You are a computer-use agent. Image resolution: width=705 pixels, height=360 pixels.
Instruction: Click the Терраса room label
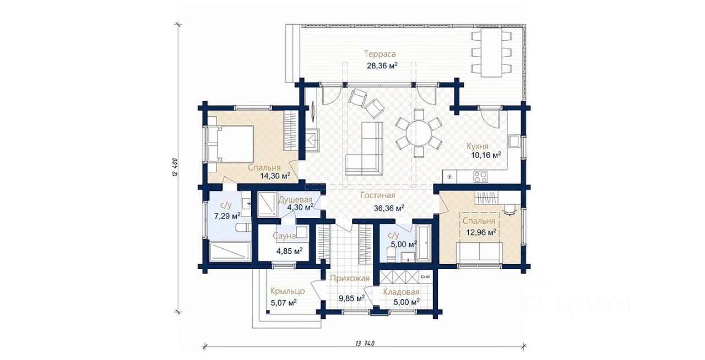click(379, 54)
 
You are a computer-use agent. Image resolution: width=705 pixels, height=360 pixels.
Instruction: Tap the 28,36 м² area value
click(382, 66)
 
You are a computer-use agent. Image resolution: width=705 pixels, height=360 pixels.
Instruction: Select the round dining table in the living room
click(419, 133)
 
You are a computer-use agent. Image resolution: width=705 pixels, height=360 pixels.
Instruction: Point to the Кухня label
click(477, 146)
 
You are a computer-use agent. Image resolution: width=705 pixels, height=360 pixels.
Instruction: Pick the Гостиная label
click(378, 196)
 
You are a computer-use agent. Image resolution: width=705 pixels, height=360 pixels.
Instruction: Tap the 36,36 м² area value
click(389, 208)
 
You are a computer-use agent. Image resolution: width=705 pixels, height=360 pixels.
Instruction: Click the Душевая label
click(296, 200)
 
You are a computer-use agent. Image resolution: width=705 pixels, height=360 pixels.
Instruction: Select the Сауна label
click(284, 236)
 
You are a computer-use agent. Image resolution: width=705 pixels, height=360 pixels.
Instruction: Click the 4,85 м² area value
click(290, 251)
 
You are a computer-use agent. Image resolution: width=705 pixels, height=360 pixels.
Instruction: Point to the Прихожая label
click(350, 279)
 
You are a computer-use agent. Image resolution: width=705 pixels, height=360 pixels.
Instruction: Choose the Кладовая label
click(402, 292)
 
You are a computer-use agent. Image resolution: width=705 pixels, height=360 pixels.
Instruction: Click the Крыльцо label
click(288, 291)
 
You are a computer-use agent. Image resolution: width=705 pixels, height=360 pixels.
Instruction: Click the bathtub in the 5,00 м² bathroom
click(424, 243)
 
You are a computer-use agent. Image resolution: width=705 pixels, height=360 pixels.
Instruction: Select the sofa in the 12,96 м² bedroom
click(480, 253)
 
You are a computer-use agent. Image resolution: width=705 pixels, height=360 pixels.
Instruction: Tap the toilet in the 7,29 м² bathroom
click(243, 227)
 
